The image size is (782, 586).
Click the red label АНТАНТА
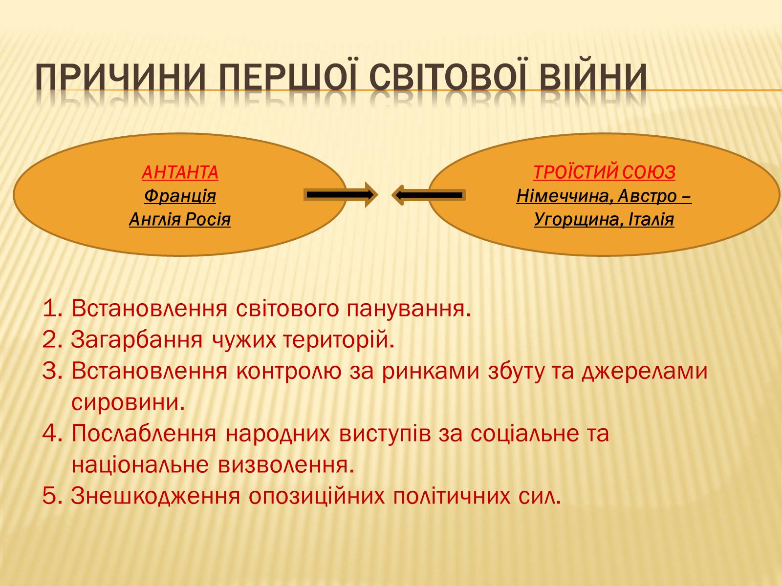[x=180, y=172]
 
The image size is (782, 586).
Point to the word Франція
[x=180, y=196]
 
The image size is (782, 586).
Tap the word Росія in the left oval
[x=208, y=220]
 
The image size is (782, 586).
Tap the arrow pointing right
[x=341, y=195]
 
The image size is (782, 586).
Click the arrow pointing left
[x=429, y=195]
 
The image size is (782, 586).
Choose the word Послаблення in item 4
[x=144, y=434]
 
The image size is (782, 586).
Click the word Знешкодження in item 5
[x=155, y=496]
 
